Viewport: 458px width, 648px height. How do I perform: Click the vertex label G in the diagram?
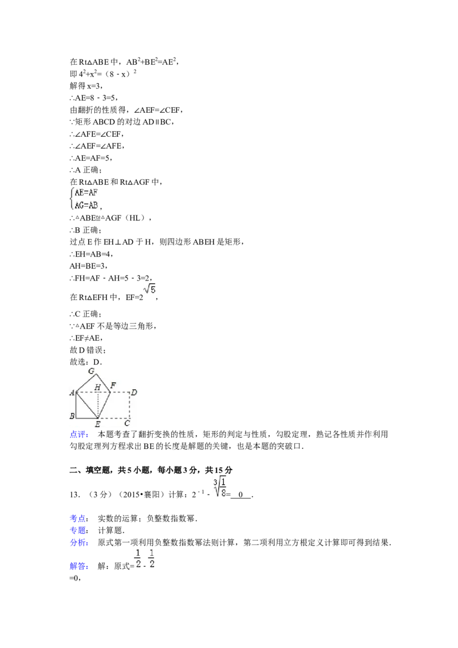[91, 371]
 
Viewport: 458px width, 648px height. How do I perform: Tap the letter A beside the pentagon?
[72, 392]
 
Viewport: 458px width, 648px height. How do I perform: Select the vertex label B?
[72, 415]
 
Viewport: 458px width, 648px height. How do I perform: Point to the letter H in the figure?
[97, 388]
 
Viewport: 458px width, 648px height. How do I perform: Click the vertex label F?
[113, 385]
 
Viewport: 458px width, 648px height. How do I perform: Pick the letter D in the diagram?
[133, 392]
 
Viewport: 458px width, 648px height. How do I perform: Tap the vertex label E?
[98, 424]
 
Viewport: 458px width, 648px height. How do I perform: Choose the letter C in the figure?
[127, 424]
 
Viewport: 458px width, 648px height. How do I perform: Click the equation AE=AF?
[86, 193]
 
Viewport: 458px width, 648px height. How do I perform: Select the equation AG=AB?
[86, 204]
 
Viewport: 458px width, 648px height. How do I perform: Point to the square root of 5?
[149, 289]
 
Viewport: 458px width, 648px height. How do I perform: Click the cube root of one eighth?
[220, 486]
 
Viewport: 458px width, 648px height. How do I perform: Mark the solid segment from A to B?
[76, 405]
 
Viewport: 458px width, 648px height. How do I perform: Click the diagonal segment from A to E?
[87, 405]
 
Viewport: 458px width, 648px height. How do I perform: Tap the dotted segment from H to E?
[99, 405]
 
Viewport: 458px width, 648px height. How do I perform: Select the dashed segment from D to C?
[129, 405]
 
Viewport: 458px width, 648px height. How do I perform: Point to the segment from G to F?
[103, 383]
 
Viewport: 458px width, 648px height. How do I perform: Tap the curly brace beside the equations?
[71, 198]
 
